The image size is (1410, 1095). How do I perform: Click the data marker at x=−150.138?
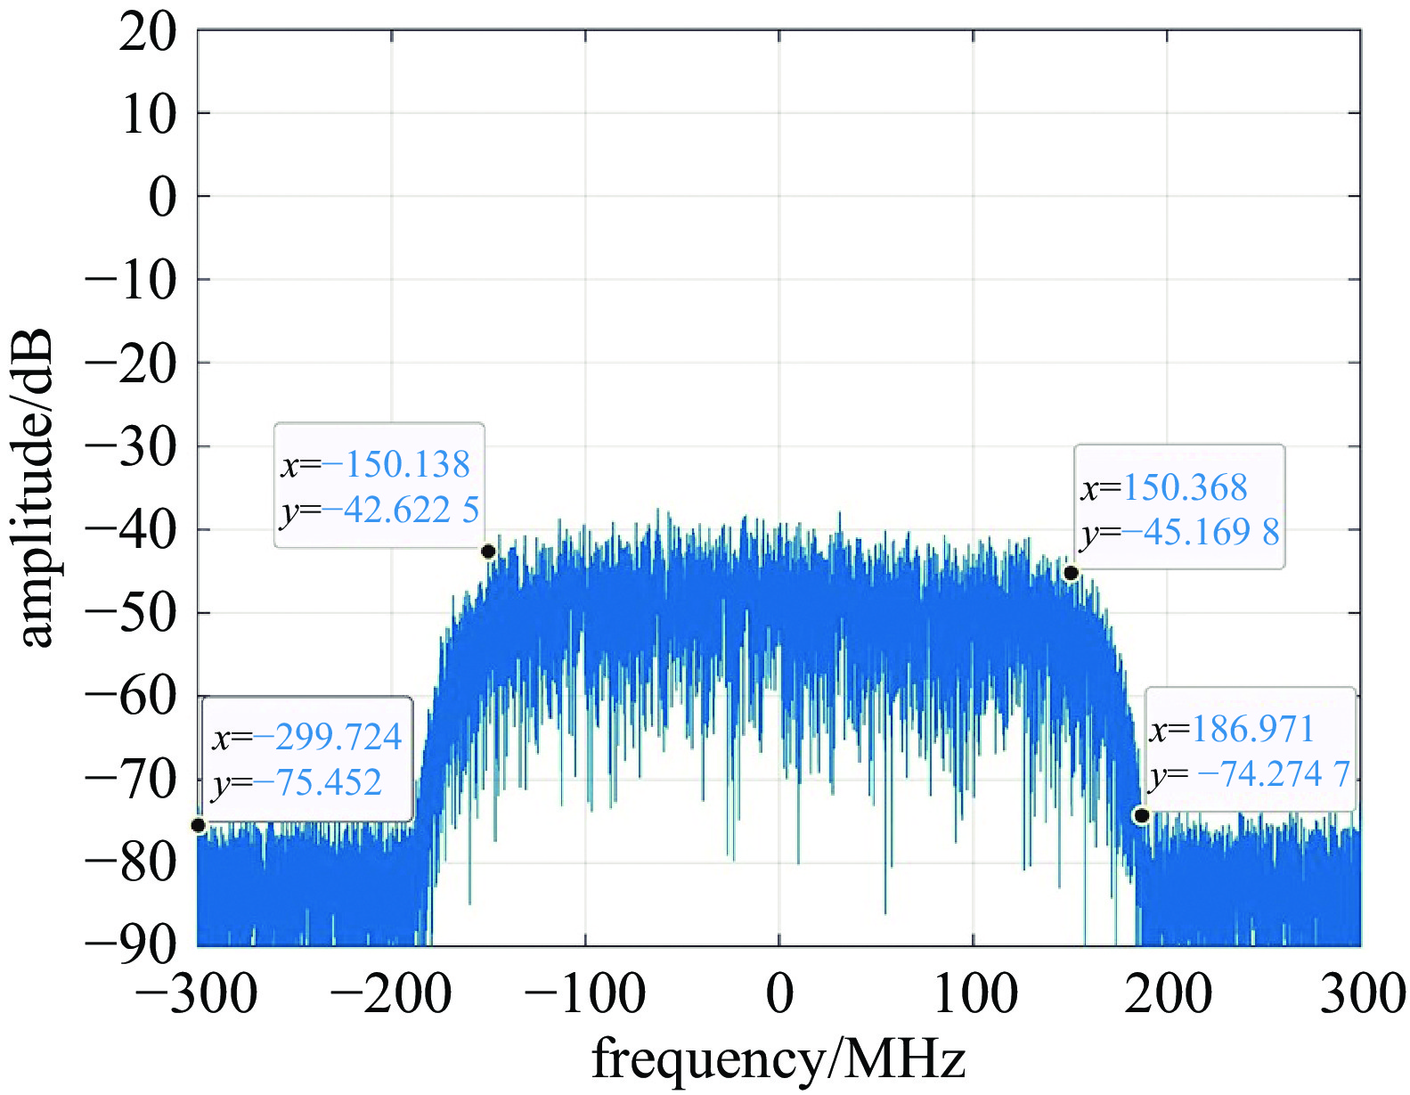[x=488, y=552]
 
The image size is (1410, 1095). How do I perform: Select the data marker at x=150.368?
[x=1071, y=573]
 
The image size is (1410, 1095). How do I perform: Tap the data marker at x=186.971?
[x=1141, y=815]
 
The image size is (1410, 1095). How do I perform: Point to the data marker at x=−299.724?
[x=199, y=825]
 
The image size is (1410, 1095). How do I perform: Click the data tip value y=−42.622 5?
[x=379, y=511]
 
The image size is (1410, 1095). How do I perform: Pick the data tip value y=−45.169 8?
[x=1180, y=533]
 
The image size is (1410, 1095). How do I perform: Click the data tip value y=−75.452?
[x=297, y=783]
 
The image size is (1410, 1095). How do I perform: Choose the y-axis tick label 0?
[x=163, y=198]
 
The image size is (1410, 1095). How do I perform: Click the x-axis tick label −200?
[x=391, y=994]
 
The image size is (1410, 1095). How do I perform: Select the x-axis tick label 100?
[x=974, y=994]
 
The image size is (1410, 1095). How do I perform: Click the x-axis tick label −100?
[x=585, y=994]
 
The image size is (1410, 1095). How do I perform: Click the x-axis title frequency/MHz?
[x=778, y=1059]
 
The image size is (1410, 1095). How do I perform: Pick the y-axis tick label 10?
[x=149, y=115]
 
